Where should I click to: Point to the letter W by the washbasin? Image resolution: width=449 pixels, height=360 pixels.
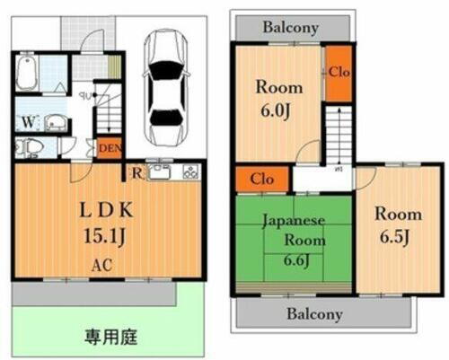(28, 122)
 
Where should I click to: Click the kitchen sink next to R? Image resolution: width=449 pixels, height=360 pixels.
(161, 171)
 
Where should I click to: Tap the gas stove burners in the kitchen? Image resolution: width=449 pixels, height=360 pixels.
(189, 171)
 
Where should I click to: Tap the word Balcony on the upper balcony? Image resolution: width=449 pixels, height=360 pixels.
(290, 27)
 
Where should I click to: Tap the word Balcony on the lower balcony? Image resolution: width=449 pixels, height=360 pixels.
(314, 313)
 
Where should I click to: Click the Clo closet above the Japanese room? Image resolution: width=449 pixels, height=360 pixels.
(262, 179)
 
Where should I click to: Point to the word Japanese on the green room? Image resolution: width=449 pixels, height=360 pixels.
(294, 220)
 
